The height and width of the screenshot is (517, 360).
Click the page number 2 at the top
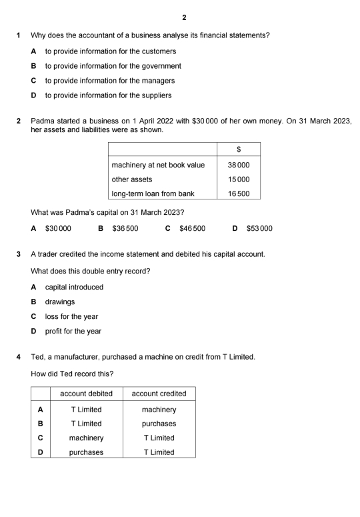click(184, 17)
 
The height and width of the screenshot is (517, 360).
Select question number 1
click(19, 35)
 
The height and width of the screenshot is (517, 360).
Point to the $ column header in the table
click(238, 149)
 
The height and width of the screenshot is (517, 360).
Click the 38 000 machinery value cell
click(238, 165)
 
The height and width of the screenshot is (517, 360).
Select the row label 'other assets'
click(132, 179)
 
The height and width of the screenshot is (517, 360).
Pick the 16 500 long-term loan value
click(238, 193)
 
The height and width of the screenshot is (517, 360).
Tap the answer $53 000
click(259, 228)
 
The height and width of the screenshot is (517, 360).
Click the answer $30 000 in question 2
click(58, 228)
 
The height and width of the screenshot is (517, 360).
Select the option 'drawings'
click(60, 302)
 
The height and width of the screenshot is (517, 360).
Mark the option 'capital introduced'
click(74, 287)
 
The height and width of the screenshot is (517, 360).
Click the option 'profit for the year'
click(73, 331)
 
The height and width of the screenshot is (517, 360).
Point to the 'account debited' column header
click(86, 394)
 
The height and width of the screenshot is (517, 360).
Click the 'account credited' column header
click(159, 394)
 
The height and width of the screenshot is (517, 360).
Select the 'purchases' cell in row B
click(159, 424)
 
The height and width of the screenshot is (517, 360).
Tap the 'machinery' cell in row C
click(86, 438)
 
